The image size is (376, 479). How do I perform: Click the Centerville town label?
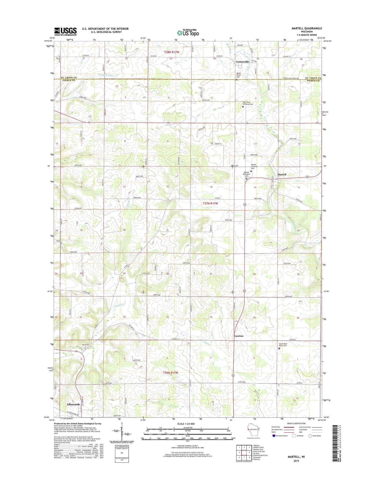(x=242, y=62)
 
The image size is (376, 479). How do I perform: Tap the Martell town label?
(x=282, y=174)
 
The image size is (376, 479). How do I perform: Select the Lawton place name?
(x=239, y=336)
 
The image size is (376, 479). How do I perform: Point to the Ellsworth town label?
(x=73, y=404)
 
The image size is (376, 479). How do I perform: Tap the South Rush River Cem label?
(x=283, y=345)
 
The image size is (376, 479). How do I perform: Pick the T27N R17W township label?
(x=210, y=204)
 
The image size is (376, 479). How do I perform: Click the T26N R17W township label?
(x=170, y=373)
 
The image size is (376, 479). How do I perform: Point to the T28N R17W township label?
(x=172, y=52)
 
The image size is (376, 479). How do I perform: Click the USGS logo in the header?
(x=65, y=32)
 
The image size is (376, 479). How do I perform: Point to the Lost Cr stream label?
(x=206, y=342)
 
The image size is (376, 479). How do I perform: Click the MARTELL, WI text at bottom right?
(x=296, y=457)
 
